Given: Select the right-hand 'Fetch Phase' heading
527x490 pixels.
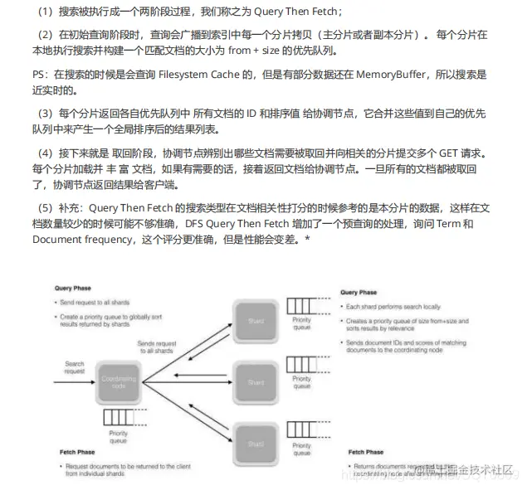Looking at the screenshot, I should pos(363,452).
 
